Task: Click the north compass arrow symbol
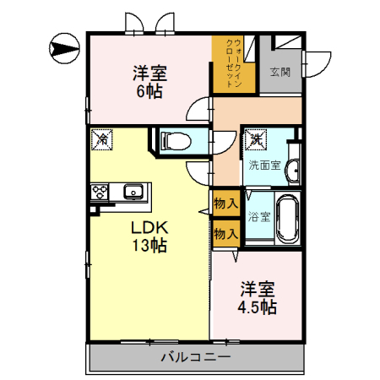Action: pos(64,48)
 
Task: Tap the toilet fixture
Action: pos(176,140)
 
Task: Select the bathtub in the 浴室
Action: pos(287,218)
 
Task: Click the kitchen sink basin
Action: pos(133,192)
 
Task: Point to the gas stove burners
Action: pos(100,192)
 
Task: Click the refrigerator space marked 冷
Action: pos(102,139)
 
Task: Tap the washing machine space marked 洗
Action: pos(256,139)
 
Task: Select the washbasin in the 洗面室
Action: pos(294,170)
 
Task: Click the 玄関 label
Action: pos(280,72)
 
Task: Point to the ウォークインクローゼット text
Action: pos(234,63)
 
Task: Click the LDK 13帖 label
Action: pos(149,236)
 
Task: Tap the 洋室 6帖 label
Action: pos(150,82)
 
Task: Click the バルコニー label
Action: pos(196,357)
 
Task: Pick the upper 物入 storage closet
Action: pos(226,203)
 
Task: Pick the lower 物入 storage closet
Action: pos(226,233)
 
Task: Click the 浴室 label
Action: pos(259,217)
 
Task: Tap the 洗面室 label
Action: pos(264,166)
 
